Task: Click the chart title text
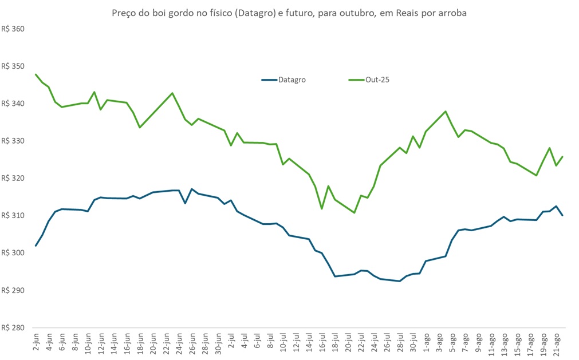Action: [289, 13]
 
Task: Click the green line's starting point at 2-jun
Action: [36, 74]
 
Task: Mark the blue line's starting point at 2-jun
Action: [36, 246]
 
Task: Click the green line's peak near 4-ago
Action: [446, 112]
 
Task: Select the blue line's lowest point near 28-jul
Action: [400, 281]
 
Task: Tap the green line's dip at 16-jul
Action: [322, 208]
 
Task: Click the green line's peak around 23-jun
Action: [172, 93]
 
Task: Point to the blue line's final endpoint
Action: [562, 215]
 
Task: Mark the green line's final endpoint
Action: [562, 157]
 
